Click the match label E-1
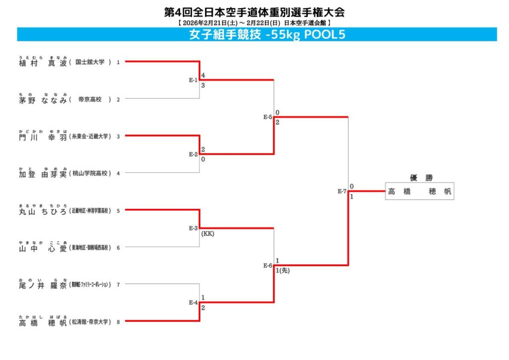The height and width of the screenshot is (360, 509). pos(193,80)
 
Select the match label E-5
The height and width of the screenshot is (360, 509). pos(267,117)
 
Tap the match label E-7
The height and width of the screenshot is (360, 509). pos(341,191)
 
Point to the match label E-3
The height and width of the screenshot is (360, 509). pos(193,228)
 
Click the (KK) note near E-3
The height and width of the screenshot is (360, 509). pos(208,234)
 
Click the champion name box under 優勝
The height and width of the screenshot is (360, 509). pos(420,191)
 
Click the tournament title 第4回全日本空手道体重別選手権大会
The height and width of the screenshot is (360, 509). pos(254,12)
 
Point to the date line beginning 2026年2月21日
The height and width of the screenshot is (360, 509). pos(254,23)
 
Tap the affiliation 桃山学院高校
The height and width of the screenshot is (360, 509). pos(90,174)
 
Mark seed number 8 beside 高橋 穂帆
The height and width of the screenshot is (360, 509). pos(118,322)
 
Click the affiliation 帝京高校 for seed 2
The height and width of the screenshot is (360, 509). pos(90,99)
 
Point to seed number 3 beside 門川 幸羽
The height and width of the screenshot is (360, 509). pos(118,136)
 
